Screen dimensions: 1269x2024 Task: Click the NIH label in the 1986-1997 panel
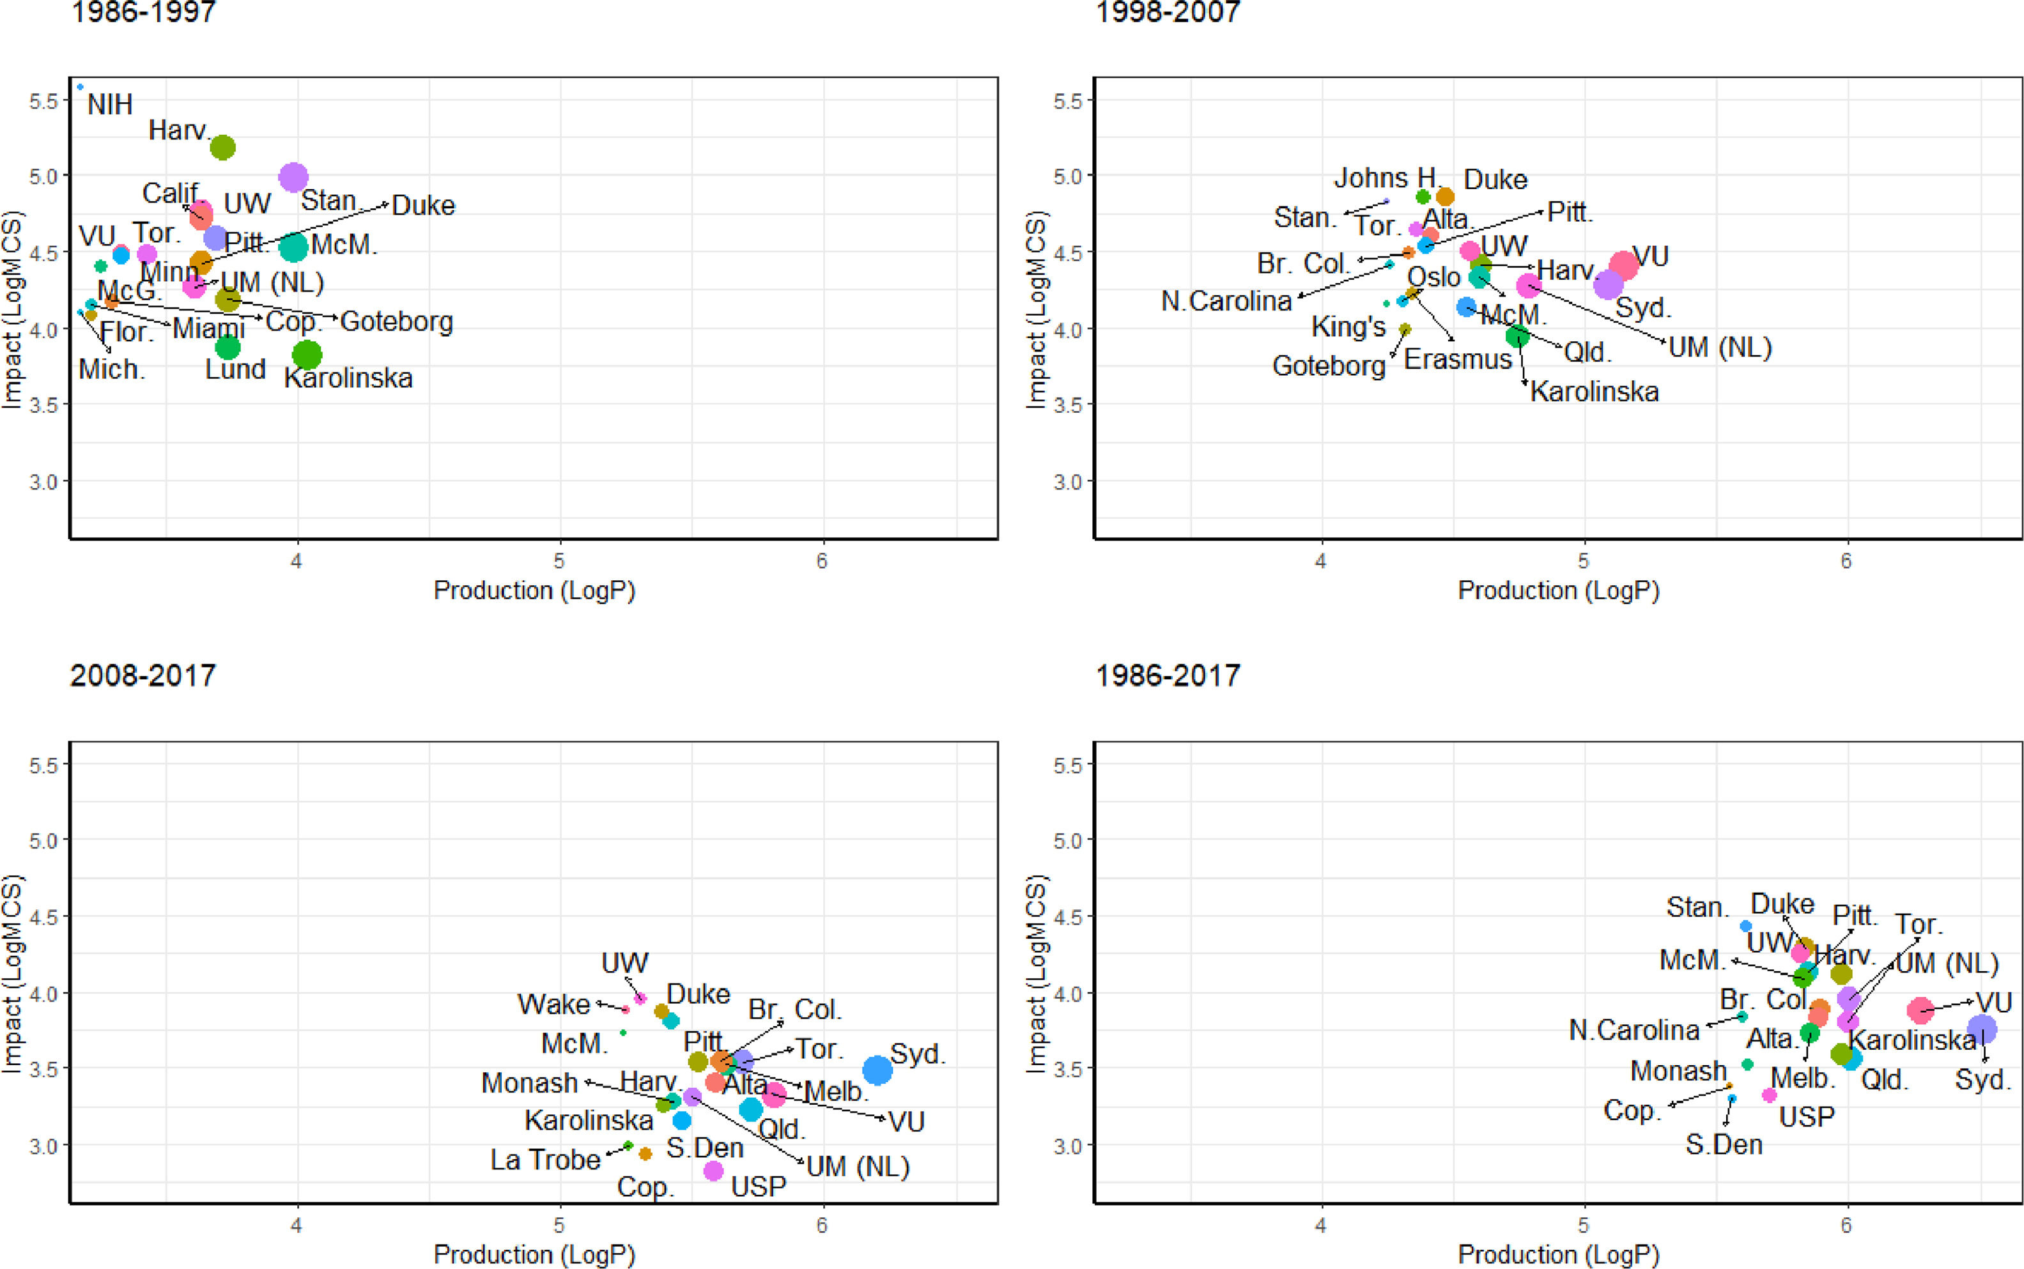pos(110,105)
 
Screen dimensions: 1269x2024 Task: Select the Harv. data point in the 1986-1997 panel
pos(222,148)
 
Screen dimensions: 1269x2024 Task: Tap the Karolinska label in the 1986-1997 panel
pos(348,378)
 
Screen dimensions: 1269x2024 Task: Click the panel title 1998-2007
pos(1168,13)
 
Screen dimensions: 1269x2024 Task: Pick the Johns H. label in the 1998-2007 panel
pos(1386,178)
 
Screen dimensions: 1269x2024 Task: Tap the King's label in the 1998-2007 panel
pos(1348,327)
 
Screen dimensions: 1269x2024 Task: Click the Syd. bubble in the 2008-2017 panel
pos(877,1070)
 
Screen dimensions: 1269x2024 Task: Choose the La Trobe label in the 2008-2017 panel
pos(545,1160)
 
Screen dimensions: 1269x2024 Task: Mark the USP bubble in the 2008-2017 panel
pos(713,1170)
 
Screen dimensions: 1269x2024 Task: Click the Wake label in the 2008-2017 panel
pos(553,1004)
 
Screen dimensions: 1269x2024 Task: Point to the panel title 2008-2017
pos(143,675)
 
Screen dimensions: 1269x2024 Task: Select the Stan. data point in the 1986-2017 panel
pos(1745,926)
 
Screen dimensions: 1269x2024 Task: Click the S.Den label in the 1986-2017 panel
pos(1724,1145)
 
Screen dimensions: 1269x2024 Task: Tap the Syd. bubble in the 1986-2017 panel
pos(1982,1029)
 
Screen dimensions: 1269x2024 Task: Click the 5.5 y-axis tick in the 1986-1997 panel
pos(43,102)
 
